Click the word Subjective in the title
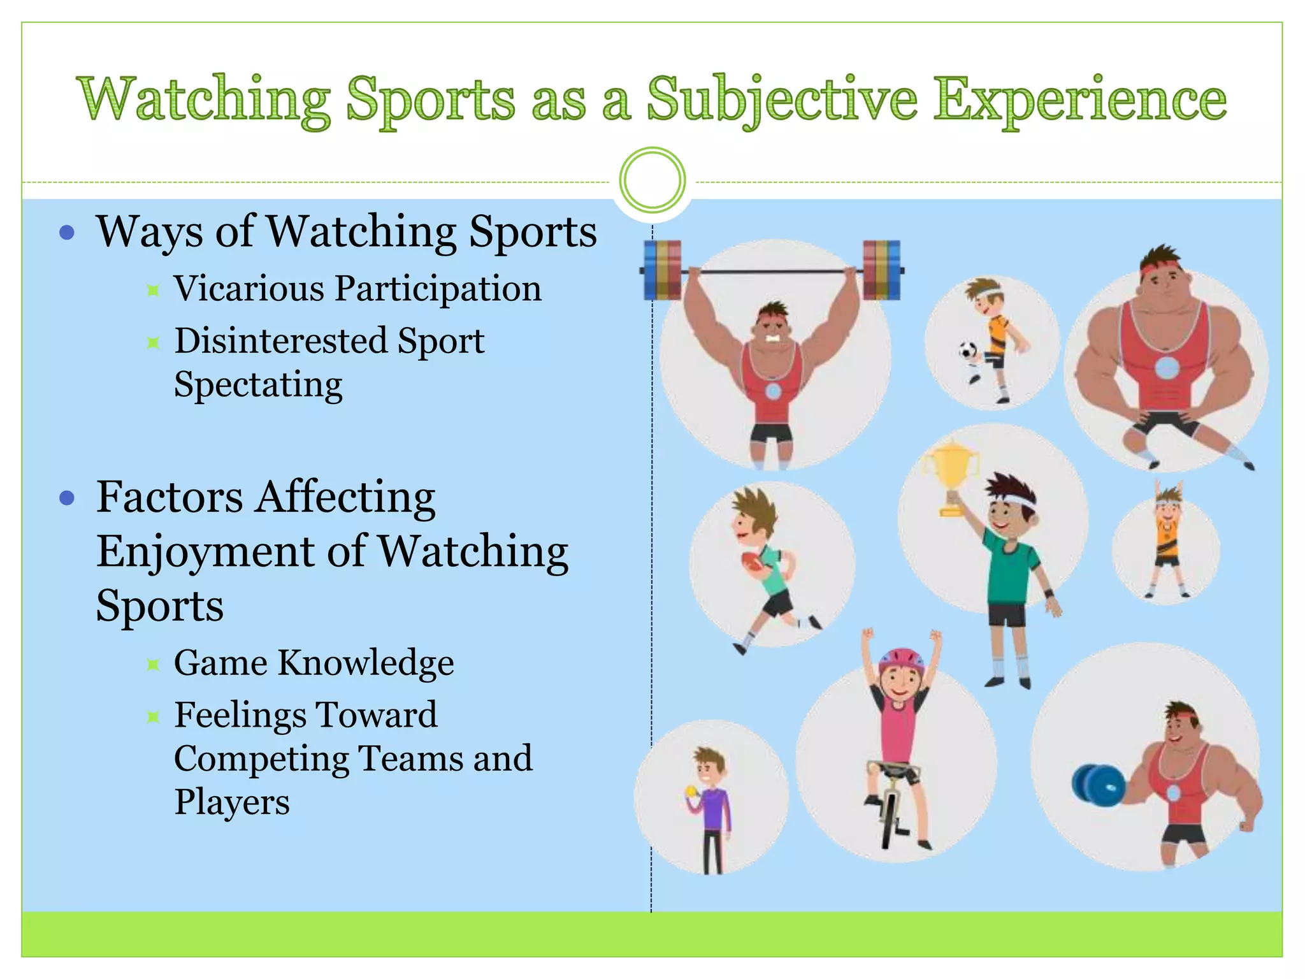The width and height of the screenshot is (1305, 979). (782, 100)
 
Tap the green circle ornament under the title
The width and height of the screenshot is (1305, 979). (652, 180)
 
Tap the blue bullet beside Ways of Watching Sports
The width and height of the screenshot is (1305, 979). (67, 232)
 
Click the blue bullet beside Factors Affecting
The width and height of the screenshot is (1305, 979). (67, 497)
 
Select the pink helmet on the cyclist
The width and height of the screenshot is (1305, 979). (901, 662)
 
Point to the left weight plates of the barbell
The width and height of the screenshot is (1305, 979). (662, 270)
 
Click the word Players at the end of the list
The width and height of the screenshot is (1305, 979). (232, 802)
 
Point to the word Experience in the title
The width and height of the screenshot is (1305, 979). (1080, 100)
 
